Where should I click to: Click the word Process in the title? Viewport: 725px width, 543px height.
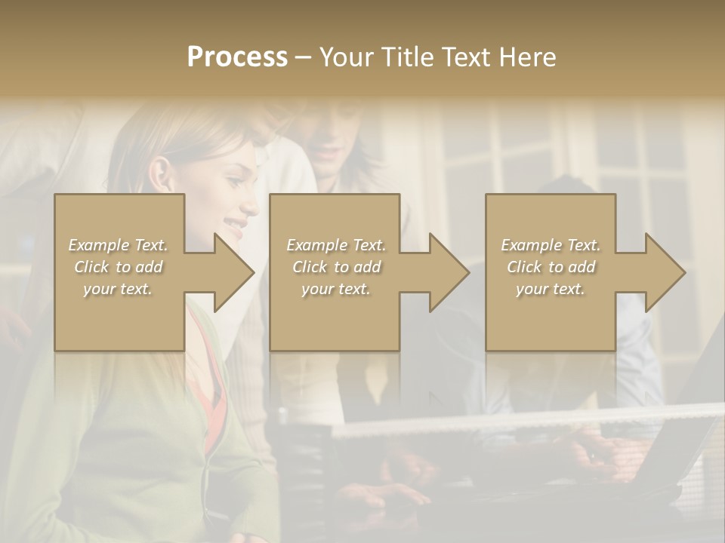[x=237, y=57]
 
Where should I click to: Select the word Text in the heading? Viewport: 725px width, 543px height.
[x=464, y=57]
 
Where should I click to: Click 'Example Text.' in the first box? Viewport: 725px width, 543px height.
[x=118, y=245]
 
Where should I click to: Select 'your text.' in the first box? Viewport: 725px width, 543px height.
[x=118, y=289]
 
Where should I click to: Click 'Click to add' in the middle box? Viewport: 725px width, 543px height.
[x=336, y=267]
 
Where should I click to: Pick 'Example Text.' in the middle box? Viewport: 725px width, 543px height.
[x=336, y=245]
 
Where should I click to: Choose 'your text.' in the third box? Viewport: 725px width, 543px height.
[x=551, y=289]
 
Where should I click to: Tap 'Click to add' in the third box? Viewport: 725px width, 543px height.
[x=551, y=267]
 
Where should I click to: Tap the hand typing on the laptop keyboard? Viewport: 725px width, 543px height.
[x=604, y=452]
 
